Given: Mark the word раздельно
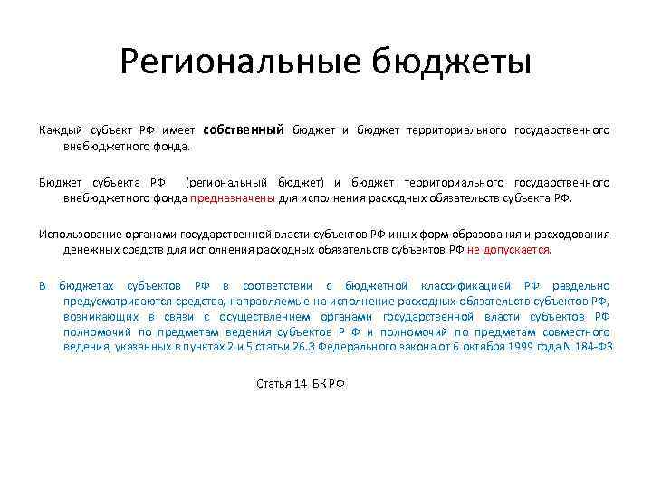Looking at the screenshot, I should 582,286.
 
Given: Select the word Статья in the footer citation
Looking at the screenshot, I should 273,384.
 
